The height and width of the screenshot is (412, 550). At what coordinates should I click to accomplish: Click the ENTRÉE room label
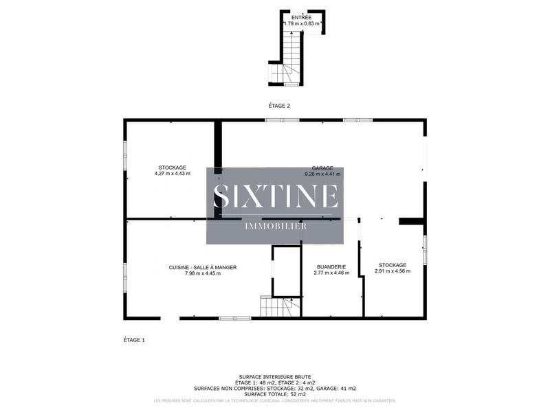click(x=301, y=17)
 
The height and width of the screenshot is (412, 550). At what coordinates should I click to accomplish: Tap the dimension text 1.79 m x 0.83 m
click(x=302, y=24)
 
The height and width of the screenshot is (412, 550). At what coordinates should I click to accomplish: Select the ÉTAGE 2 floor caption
click(x=280, y=105)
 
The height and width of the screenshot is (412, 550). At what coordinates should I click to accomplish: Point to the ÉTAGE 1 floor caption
click(x=134, y=339)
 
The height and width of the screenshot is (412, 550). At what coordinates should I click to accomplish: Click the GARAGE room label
click(x=322, y=168)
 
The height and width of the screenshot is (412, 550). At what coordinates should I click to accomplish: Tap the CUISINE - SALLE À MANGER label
click(x=203, y=267)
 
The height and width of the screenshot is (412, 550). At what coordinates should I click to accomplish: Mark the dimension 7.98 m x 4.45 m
click(x=203, y=273)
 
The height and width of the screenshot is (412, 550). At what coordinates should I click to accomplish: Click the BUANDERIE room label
click(x=331, y=266)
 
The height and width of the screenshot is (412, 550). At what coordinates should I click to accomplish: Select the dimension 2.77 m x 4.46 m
click(x=331, y=273)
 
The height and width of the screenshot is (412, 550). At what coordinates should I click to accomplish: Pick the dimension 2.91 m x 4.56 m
click(x=393, y=271)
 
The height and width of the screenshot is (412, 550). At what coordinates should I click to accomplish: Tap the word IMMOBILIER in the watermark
click(x=276, y=226)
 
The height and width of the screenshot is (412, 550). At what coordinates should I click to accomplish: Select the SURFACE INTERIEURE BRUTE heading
click(x=275, y=377)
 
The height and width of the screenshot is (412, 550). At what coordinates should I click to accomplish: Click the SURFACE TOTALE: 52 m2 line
click(x=275, y=394)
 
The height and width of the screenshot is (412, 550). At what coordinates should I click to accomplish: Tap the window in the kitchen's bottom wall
click(x=234, y=318)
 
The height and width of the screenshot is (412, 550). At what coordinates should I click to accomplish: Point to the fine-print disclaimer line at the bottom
click(x=275, y=400)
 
